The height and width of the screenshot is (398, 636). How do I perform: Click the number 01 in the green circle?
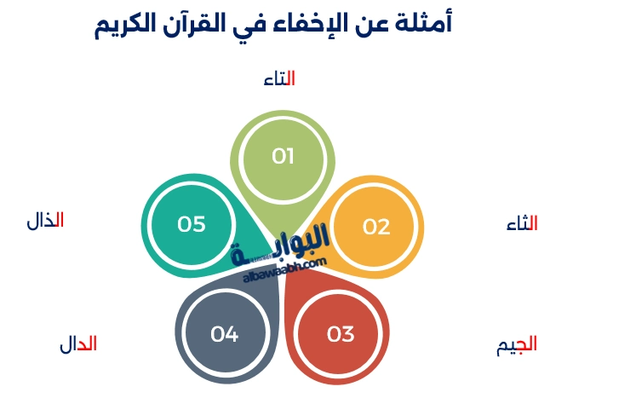[x=283, y=156]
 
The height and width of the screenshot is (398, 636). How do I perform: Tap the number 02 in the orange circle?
[x=375, y=227]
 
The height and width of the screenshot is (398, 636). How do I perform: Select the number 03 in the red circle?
[x=340, y=334]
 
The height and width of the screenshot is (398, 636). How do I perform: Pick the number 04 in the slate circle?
[x=224, y=334]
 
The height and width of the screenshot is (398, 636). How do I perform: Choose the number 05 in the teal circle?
[x=192, y=224]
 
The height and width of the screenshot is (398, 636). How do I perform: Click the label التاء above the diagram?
[x=279, y=78]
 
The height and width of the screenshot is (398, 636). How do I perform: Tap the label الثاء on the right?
[x=522, y=224]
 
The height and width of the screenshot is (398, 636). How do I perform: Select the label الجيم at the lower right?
[x=517, y=345]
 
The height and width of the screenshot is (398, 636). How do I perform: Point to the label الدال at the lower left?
[x=77, y=344]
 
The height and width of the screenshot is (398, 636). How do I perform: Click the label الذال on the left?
[x=45, y=221]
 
